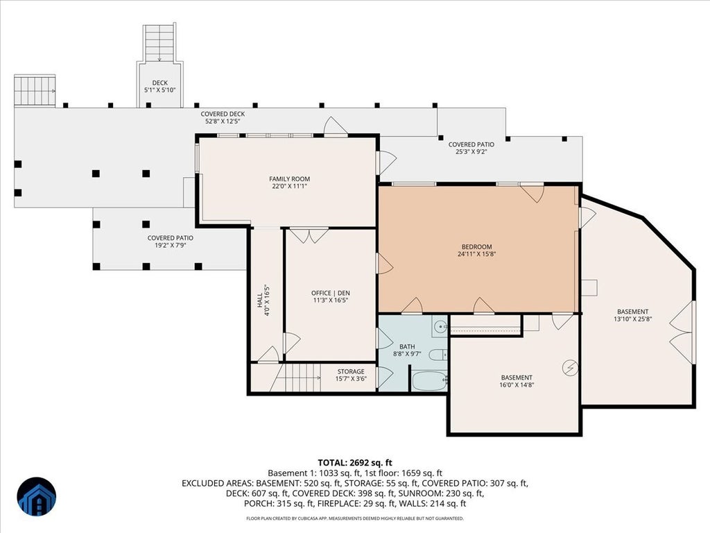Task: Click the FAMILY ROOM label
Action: tap(289, 179)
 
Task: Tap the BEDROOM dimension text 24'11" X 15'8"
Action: tap(476, 254)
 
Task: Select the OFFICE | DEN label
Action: tap(331, 294)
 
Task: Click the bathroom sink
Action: tap(440, 326)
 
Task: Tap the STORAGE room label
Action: tap(351, 372)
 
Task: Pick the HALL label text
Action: tap(259, 300)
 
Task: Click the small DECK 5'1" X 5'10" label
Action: tap(160, 87)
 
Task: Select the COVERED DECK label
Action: tap(223, 115)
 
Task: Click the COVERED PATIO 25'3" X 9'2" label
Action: tap(471, 149)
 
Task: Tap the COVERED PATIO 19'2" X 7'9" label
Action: tap(171, 242)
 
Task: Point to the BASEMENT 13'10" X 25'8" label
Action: tap(632, 316)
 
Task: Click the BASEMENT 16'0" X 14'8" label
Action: tap(517, 381)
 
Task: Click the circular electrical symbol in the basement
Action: tap(570, 368)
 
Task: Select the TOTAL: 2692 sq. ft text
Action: tap(355, 463)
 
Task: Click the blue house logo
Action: tap(37, 497)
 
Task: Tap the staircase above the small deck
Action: tap(159, 43)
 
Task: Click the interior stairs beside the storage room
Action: tap(297, 377)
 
